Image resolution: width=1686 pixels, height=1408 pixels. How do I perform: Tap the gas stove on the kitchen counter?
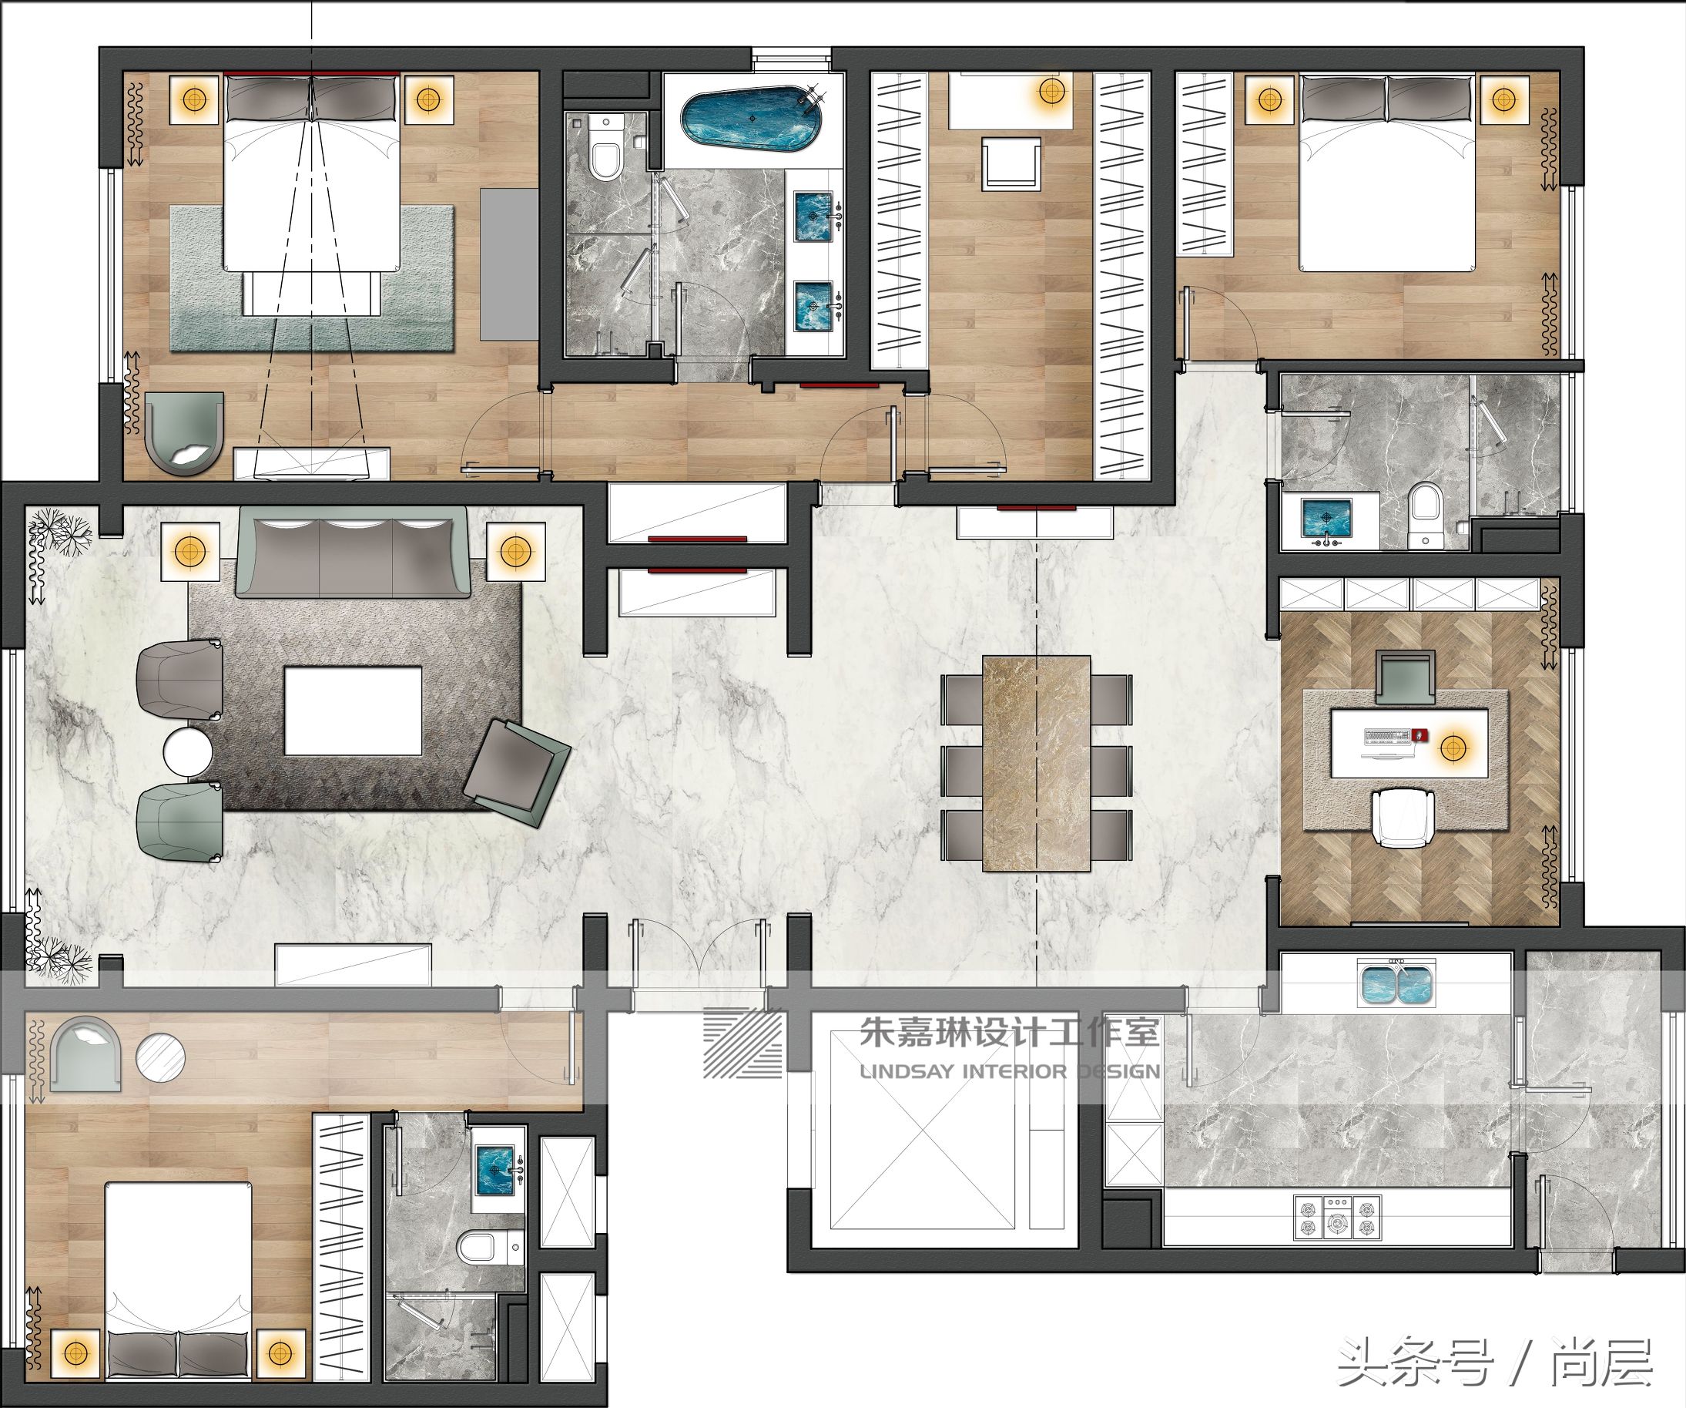[1337, 1217]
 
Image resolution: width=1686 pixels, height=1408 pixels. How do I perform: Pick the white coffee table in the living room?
[354, 711]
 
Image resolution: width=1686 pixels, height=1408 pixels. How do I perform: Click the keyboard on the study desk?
[1388, 735]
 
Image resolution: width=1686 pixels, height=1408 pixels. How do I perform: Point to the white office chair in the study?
[1403, 816]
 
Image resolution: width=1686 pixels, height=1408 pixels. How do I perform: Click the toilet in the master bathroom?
[606, 150]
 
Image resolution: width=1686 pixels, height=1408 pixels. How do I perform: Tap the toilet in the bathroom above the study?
[1425, 514]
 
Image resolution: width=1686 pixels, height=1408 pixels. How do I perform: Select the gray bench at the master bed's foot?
[310, 294]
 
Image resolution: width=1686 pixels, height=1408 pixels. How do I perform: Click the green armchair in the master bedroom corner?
[185, 432]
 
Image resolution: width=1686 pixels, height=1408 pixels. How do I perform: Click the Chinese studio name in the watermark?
[1009, 1032]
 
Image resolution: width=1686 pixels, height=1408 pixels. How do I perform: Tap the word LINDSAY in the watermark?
[907, 1071]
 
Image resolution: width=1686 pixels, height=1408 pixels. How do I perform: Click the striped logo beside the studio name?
[743, 1042]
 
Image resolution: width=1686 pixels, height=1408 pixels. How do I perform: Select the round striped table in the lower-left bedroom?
[160, 1058]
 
